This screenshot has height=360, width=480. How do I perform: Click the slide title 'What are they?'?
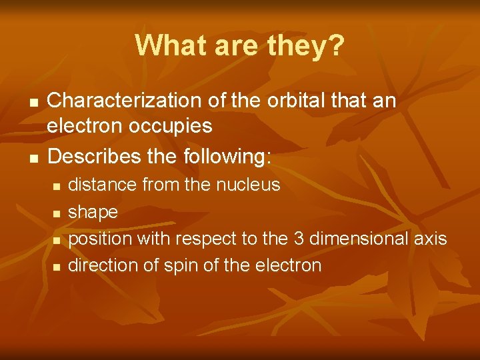click(239, 45)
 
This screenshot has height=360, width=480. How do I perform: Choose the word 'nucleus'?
click(249, 185)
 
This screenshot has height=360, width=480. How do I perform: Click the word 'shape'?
click(93, 212)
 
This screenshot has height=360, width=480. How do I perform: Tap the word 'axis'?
click(430, 239)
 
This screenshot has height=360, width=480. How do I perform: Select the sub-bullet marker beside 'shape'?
click(57, 213)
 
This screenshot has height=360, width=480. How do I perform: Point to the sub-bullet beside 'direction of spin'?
click(57, 267)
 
